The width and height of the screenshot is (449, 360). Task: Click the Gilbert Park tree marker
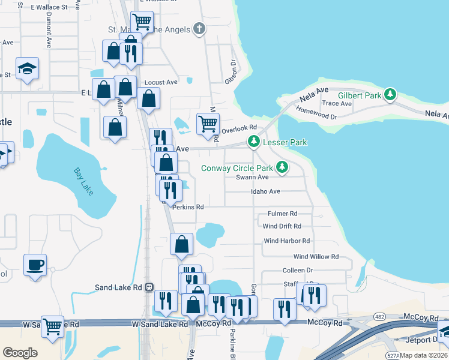click(x=391, y=94)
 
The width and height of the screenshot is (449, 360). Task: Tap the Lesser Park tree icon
click(x=254, y=142)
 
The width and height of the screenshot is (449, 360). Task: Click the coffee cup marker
click(x=35, y=264)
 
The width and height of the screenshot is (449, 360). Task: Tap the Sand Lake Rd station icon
click(x=148, y=287)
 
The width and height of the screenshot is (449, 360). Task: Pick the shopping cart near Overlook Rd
click(x=208, y=123)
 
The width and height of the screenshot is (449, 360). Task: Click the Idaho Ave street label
click(x=266, y=192)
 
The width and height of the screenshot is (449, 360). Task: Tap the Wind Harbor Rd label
click(x=286, y=241)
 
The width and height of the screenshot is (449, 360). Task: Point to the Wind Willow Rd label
click(x=316, y=256)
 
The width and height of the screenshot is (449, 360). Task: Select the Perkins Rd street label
click(x=188, y=207)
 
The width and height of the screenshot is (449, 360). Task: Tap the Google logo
click(x=20, y=352)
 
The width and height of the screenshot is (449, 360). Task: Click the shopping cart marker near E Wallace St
click(x=141, y=22)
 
